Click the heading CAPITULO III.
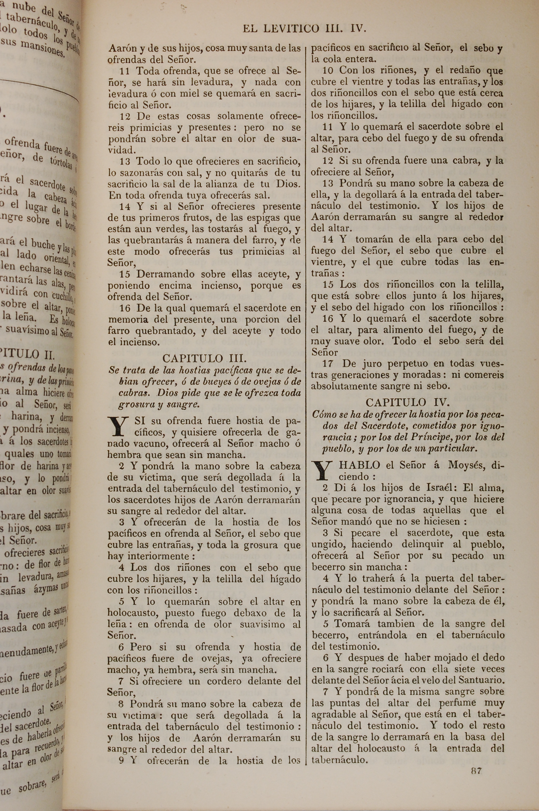[204, 359]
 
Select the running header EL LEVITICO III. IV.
[305, 29]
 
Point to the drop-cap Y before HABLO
[322, 471]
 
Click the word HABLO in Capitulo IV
[359, 466]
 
